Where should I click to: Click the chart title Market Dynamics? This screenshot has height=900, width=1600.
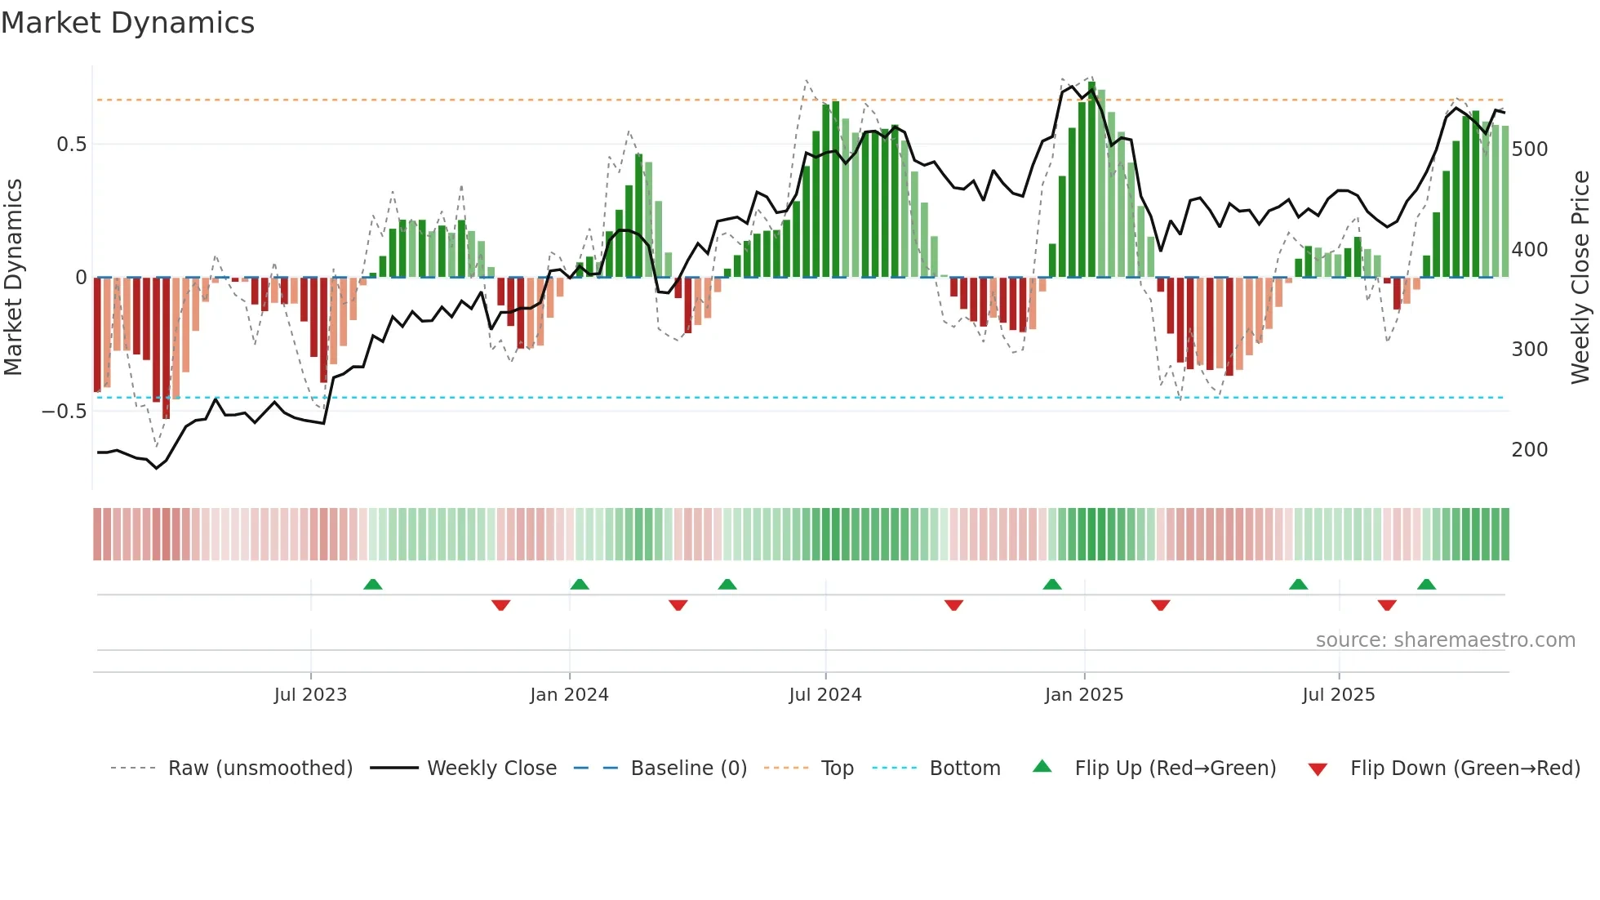[x=127, y=23]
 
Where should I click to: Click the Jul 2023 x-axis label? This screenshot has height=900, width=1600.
[x=310, y=695]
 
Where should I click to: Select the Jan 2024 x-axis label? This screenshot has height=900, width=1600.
[x=569, y=695]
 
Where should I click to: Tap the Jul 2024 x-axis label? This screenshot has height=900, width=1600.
[x=825, y=695]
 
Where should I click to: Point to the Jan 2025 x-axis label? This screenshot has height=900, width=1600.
[x=1084, y=695]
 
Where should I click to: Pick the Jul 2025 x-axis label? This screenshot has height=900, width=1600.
[x=1339, y=695]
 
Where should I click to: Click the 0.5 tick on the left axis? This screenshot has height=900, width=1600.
[x=71, y=145]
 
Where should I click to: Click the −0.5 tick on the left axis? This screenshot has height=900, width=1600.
[x=64, y=411]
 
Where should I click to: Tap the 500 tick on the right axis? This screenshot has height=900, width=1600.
[x=1530, y=149]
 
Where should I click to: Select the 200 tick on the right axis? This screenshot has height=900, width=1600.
[x=1530, y=450]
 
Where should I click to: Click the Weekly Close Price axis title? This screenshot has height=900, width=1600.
[x=1581, y=278]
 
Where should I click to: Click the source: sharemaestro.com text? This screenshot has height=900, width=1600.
[x=1445, y=640]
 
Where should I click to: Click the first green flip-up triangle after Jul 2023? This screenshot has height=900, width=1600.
[x=372, y=585]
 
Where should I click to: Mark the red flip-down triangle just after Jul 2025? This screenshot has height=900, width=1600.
[x=1387, y=605]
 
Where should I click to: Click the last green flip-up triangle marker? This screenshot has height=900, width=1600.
[x=1426, y=585]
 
